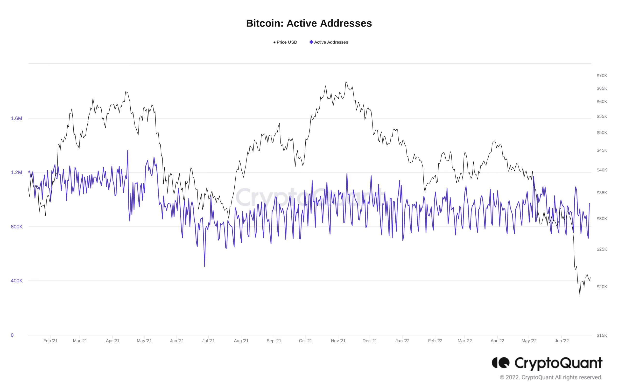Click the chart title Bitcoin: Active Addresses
coord(309,23)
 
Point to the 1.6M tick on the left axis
coord(16,118)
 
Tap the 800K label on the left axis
coord(17,227)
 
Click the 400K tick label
coord(17,281)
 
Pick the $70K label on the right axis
coord(602,76)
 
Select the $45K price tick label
coord(602,150)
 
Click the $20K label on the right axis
coord(602,287)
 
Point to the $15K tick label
coord(602,335)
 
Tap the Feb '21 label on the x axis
coord(50,341)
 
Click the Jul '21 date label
coord(208,341)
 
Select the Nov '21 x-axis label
coord(338,341)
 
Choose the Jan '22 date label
coord(402,341)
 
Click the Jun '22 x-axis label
coord(562,341)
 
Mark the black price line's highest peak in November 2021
coord(346,82)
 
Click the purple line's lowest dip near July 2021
coord(204,266)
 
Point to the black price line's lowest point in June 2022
coord(580,295)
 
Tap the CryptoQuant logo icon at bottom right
coord(500,363)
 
